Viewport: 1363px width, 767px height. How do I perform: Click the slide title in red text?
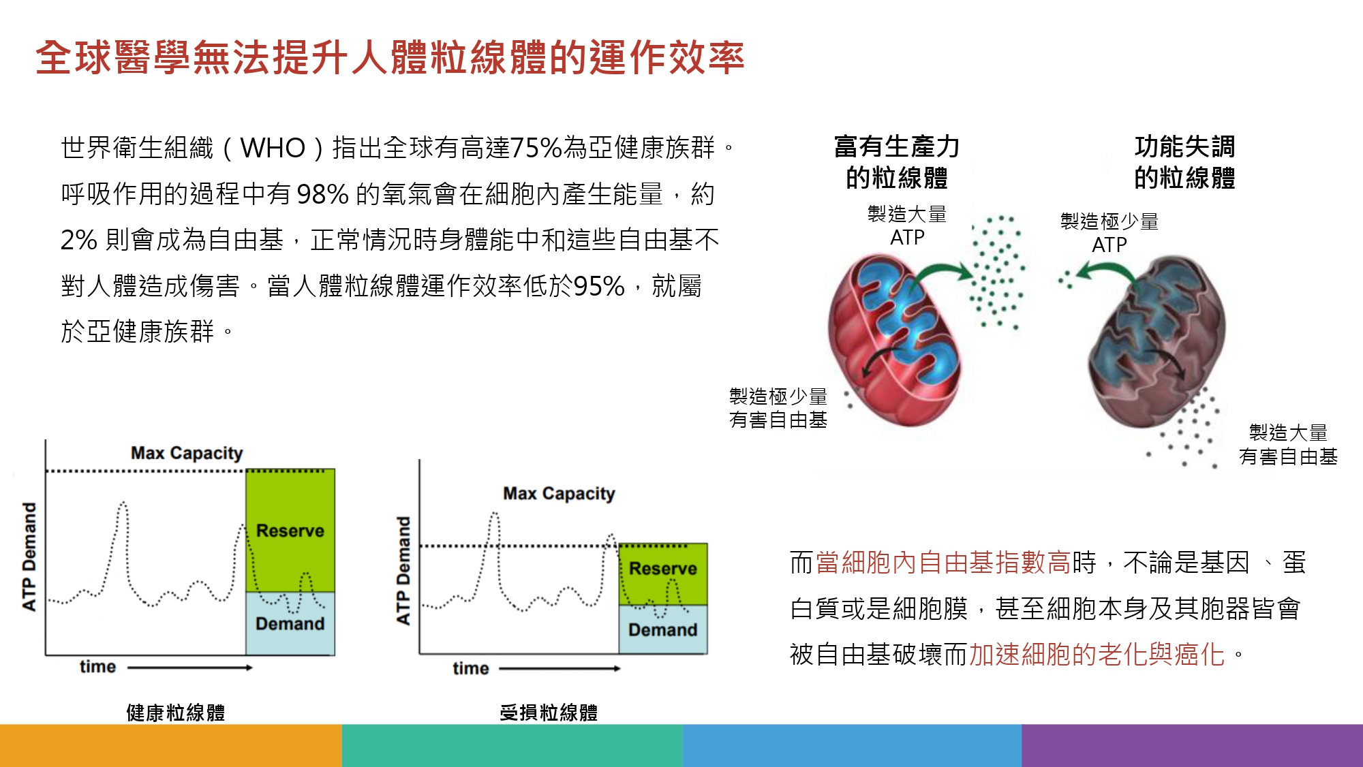tap(390, 57)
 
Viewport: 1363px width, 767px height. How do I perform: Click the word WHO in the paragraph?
tap(273, 148)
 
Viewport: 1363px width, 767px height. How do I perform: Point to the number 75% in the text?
tap(536, 148)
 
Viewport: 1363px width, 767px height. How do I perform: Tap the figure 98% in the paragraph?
tap(323, 194)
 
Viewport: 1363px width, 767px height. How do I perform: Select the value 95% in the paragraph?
tap(599, 286)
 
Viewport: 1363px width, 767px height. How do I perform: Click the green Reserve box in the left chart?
tap(290, 530)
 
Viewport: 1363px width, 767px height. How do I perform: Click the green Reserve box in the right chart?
tap(663, 574)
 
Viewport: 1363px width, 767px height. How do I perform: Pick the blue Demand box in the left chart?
tap(290, 623)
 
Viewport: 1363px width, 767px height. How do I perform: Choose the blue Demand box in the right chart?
tap(663, 629)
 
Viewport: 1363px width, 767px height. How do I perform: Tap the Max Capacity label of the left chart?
tap(187, 453)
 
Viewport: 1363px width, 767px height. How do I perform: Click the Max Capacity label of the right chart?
tap(559, 493)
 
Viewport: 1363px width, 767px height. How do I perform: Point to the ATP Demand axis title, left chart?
tap(29, 557)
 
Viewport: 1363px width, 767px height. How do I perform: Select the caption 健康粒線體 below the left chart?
tap(176, 713)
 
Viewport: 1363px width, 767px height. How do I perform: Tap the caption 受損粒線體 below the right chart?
tap(549, 713)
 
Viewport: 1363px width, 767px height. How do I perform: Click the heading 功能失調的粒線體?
tap(1184, 162)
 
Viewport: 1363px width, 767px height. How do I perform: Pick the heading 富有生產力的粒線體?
tap(897, 162)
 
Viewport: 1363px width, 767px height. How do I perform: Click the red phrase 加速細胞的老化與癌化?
tap(1097, 655)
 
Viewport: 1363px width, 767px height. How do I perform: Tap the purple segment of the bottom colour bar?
tap(1193, 745)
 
